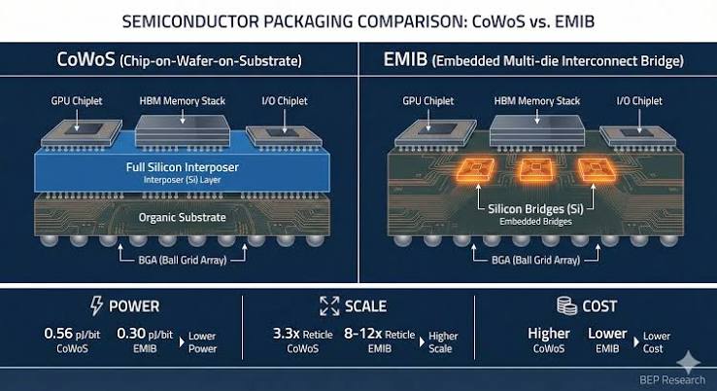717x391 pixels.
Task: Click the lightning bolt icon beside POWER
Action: click(96, 305)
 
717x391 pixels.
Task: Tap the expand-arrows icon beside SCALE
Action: click(329, 305)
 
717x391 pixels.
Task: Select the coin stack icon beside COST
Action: click(566, 305)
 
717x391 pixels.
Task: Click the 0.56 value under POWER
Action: click(58, 334)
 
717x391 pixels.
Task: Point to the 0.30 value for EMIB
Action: click(131, 334)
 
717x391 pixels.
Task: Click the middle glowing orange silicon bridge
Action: click(535, 170)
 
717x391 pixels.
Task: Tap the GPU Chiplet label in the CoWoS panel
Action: click(77, 101)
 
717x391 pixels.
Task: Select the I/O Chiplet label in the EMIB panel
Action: click(639, 101)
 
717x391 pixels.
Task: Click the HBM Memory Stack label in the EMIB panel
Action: click(537, 101)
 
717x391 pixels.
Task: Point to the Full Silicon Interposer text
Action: click(183, 167)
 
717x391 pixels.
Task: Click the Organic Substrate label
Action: click(183, 217)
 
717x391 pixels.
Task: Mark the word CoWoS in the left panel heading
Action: click(85, 59)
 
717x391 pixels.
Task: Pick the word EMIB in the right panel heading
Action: click(405, 59)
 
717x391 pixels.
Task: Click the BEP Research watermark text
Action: click(672, 379)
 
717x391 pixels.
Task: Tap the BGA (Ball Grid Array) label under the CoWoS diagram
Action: click(183, 260)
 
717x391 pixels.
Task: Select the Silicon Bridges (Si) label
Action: click(535, 209)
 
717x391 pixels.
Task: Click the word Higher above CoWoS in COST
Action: click(549, 334)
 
